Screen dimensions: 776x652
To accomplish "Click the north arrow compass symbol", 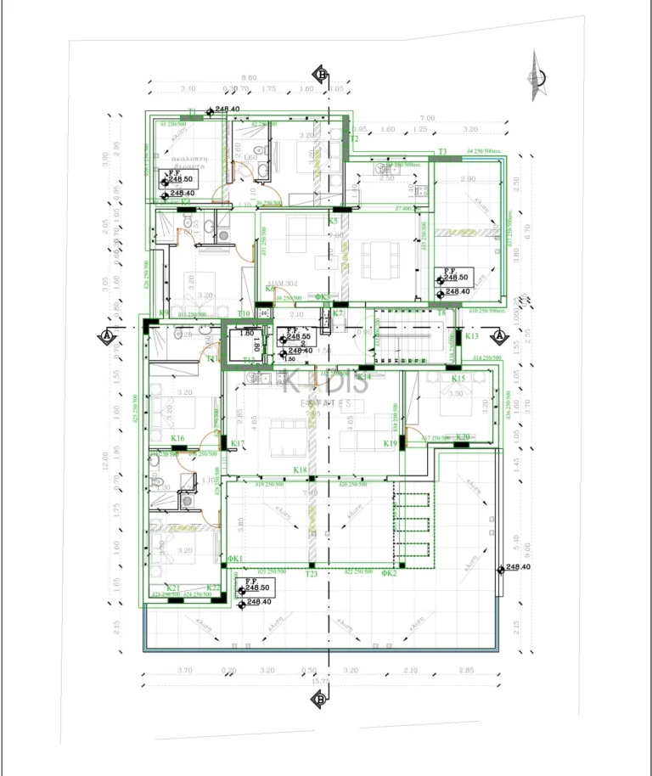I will (536, 76).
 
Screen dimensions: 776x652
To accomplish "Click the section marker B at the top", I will (322, 73).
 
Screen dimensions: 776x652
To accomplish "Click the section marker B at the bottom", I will (320, 700).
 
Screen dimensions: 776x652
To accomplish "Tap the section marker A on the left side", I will (108, 336).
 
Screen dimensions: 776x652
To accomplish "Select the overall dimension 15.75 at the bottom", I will (320, 681).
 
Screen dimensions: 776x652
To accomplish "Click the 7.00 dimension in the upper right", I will (427, 118).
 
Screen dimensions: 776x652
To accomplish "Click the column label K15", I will (458, 379).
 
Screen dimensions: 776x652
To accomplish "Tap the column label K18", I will (300, 470).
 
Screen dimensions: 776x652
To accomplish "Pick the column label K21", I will (173, 588).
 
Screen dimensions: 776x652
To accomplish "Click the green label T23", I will (312, 575).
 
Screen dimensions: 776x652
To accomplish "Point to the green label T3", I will (442, 152).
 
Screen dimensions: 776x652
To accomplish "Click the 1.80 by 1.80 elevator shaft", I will (247, 346).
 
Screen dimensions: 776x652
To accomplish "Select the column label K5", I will (333, 221).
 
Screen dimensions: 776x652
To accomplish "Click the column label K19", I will (391, 443).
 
